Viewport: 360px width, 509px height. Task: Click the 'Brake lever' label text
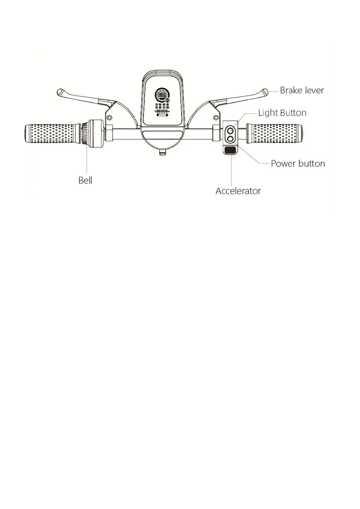pos(302,90)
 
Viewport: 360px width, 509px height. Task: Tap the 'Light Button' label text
pos(282,113)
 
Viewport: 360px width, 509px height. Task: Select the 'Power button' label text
pos(298,163)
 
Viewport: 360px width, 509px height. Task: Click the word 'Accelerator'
pos(238,191)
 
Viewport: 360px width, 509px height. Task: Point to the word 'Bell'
pos(85,181)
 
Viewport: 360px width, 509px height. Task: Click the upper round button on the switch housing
pos(231,129)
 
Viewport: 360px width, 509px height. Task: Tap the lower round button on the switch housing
pos(231,138)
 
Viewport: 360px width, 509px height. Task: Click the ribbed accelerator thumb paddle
pos(231,151)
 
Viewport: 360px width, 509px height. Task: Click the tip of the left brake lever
pos(60,93)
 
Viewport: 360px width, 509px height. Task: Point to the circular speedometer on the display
pos(162,96)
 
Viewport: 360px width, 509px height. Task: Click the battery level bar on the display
pos(162,115)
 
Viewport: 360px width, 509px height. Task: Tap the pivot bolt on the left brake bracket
pos(109,117)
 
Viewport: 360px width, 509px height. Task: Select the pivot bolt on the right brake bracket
pos(215,117)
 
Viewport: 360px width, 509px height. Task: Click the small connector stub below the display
pos(162,153)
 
